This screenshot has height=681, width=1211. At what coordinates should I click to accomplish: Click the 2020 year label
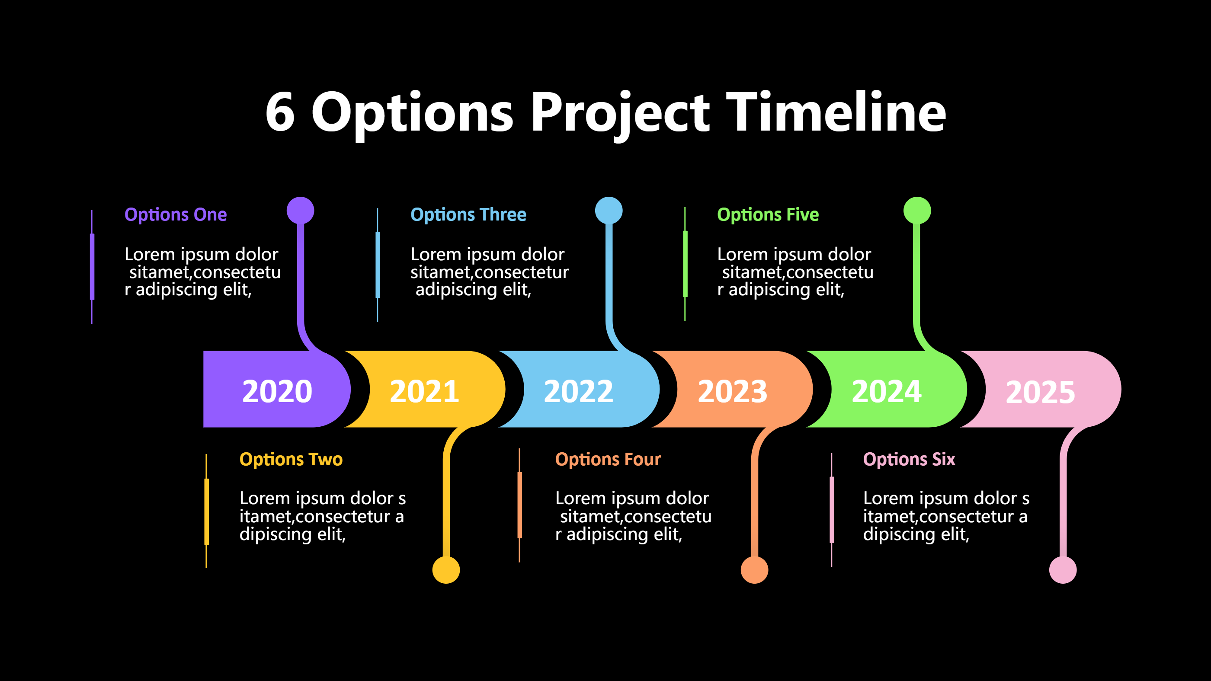coord(277,391)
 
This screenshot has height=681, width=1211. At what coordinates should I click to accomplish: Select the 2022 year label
coord(578,391)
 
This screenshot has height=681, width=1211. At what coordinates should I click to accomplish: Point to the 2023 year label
coord(732,391)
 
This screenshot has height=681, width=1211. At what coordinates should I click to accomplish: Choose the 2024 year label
coord(887,391)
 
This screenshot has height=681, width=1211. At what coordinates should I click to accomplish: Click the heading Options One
coord(175,215)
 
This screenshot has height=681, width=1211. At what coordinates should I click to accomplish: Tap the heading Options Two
coord(291,459)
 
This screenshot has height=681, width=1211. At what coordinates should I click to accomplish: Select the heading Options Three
coord(468,215)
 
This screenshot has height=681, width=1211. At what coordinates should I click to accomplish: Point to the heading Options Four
coord(608,459)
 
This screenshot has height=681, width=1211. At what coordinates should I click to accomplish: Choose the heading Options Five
coord(768,215)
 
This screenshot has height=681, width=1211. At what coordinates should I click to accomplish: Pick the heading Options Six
coord(909,459)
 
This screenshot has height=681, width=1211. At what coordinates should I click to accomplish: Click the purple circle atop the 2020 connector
coord(301,211)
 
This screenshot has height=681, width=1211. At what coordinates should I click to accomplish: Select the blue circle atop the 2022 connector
coord(609,211)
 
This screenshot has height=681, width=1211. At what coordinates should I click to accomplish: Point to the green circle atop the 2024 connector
coord(917,211)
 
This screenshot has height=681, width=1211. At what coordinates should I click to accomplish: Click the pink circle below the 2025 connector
coord(1063,569)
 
